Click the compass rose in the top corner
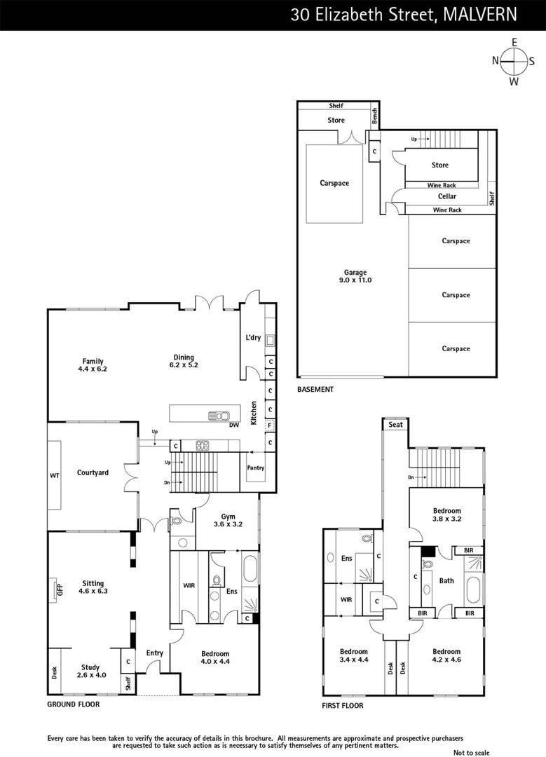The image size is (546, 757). click(514, 62)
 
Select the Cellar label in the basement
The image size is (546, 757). click(446, 197)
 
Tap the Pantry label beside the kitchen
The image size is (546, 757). click(256, 468)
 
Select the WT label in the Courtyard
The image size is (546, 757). click(55, 476)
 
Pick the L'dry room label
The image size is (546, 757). click(253, 338)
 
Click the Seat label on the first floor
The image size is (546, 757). click(395, 425)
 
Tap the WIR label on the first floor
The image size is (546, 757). click(346, 600)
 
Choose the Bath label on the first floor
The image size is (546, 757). click(446, 580)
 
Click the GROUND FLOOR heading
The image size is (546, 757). click(73, 704)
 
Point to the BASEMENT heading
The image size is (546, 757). click(315, 389)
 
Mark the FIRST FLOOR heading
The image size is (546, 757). click(342, 706)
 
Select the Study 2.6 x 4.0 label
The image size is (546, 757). click(90, 671)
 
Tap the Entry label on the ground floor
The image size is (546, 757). click(154, 653)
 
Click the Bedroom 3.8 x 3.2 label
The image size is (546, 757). click(446, 515)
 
